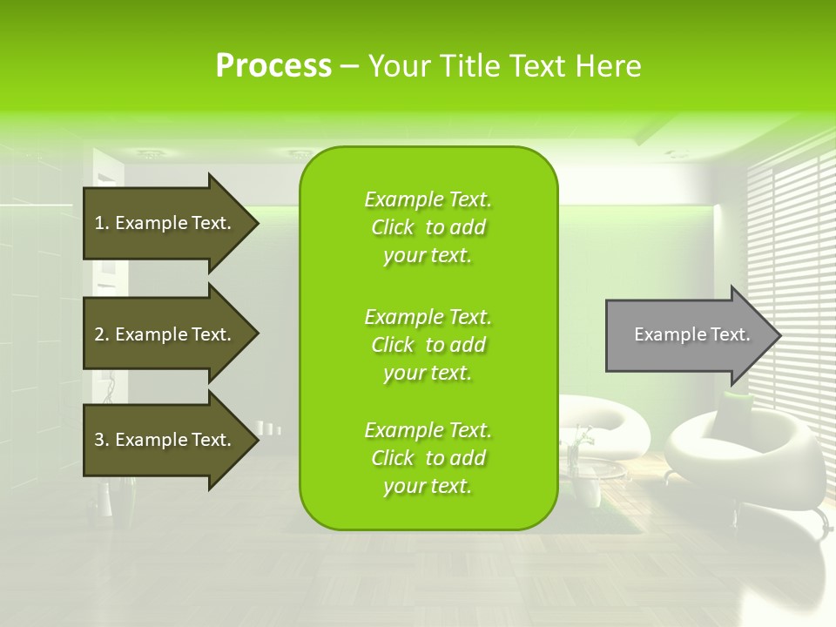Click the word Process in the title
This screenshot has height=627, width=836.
(273, 66)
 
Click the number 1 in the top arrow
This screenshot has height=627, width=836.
(99, 223)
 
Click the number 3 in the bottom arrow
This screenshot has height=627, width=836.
(99, 440)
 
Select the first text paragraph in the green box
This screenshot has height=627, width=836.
(428, 227)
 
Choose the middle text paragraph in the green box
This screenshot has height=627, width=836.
(428, 345)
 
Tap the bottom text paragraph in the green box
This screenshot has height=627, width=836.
(428, 458)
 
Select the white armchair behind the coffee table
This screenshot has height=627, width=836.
(610, 418)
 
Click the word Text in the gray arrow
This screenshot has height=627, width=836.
(730, 334)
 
